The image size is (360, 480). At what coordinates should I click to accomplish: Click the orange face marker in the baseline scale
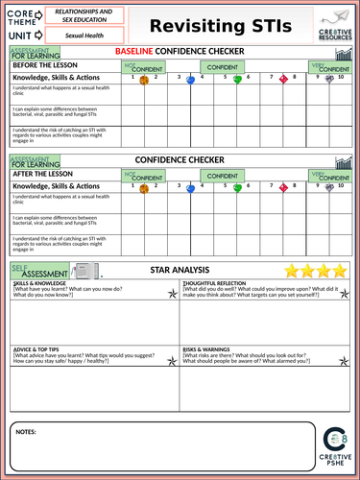tap(144, 81)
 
